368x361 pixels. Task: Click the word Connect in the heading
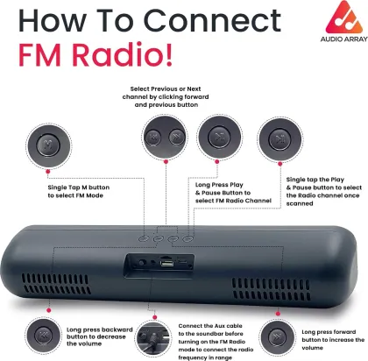pos(212,20)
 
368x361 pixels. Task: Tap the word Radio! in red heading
pos(122,54)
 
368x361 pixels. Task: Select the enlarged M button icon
pos(48,145)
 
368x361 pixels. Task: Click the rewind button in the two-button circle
pos(152,137)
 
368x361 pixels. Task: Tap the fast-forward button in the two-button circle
pos(176,137)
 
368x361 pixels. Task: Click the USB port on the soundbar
pos(166,263)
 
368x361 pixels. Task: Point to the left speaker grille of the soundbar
pos(55,284)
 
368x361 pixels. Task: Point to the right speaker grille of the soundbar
pos(271,289)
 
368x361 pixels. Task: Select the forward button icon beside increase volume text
pos(277,337)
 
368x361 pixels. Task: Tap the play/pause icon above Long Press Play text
pos(219,138)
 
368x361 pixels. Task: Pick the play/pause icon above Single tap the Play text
pos(280,139)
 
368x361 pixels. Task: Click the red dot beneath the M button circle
pos(48,172)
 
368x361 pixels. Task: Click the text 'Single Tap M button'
pos(79,188)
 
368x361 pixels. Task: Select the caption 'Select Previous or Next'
pos(166,88)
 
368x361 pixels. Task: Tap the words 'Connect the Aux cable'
pos(210,326)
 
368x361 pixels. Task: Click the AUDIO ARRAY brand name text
pos(343,39)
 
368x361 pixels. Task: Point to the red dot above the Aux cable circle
pos(154,317)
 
